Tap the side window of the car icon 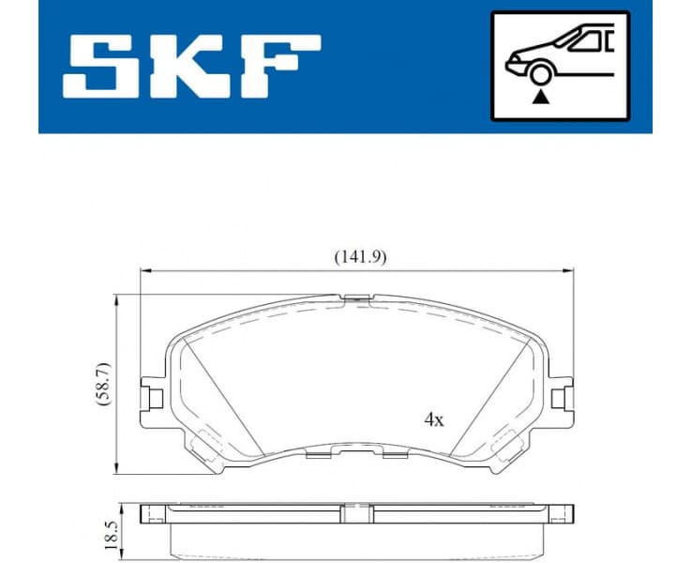pyautogui.click(x=589, y=40)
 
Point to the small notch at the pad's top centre pyautogui.click(x=357, y=299)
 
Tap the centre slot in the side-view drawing pyautogui.click(x=355, y=514)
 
